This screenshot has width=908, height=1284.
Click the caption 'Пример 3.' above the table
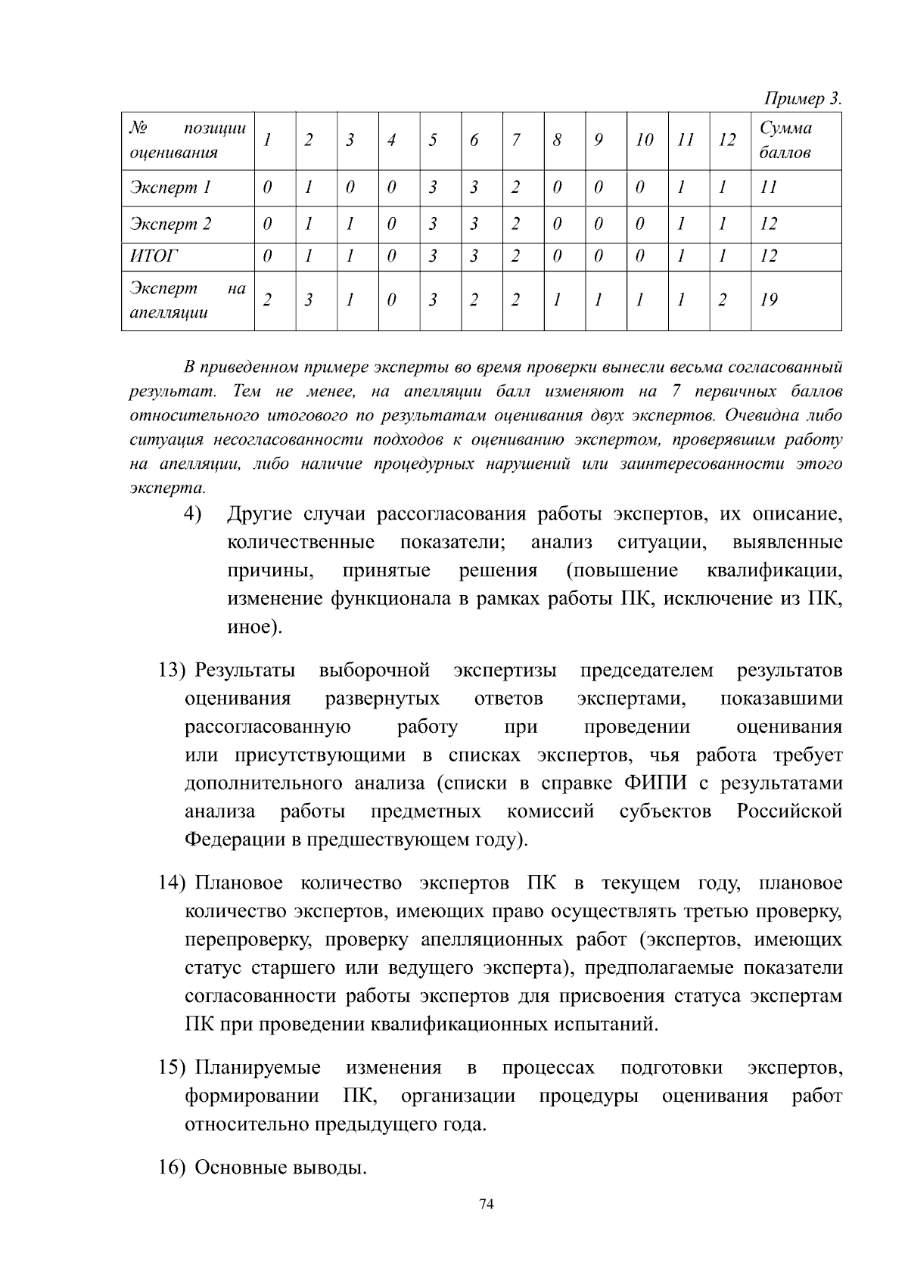click(802, 98)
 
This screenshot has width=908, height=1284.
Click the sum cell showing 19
click(769, 300)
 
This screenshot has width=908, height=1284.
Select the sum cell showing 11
click(768, 188)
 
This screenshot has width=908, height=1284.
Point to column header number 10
click(644, 140)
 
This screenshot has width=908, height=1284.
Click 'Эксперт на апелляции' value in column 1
click(266, 300)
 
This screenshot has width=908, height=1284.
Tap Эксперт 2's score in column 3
click(349, 224)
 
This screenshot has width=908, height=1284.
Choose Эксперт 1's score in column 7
click(515, 188)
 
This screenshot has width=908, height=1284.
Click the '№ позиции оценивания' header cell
click(188, 140)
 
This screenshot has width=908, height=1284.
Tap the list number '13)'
click(172, 671)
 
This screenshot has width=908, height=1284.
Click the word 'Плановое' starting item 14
click(238, 883)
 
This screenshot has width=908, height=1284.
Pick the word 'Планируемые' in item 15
click(257, 1068)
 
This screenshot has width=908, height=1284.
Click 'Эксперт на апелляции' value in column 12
click(722, 300)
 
